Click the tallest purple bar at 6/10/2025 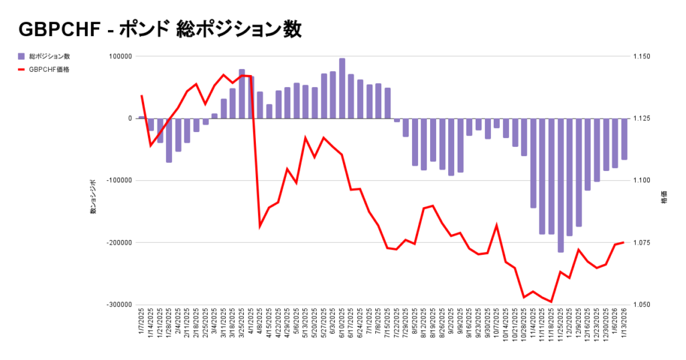coord(342,88)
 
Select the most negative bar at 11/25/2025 coord(561,185)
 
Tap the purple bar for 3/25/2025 coord(242,93)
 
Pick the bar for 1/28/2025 coord(169,140)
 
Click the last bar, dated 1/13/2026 coord(624,139)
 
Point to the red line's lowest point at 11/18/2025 coord(551,302)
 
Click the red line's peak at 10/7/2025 coord(497,225)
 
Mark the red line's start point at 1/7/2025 coord(141,96)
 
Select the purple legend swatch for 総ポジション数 coord(21,56)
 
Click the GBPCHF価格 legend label coord(50,68)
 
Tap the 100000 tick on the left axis coord(119,57)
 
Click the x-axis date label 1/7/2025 coord(142,324)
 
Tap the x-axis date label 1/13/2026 coord(624,324)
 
